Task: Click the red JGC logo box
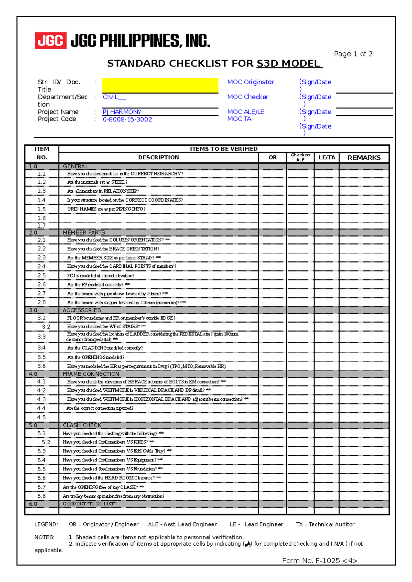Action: [50, 40]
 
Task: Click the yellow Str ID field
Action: [160, 85]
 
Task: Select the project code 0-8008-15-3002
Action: [127, 119]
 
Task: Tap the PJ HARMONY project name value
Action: [122, 112]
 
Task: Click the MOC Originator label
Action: [251, 82]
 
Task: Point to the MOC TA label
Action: [239, 119]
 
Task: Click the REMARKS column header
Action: [364, 158]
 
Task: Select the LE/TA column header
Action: [327, 158]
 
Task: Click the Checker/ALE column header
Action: [300, 157]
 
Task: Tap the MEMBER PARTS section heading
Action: [84, 232]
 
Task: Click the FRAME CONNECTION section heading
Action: [91, 374]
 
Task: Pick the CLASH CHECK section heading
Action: [82, 425]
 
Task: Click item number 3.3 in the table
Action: [42, 337]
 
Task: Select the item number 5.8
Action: [42, 496]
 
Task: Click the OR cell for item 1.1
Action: [272, 174]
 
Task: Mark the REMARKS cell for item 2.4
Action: [364, 266]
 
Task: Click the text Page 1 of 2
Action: [353, 54]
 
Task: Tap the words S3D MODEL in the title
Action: [288, 63]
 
